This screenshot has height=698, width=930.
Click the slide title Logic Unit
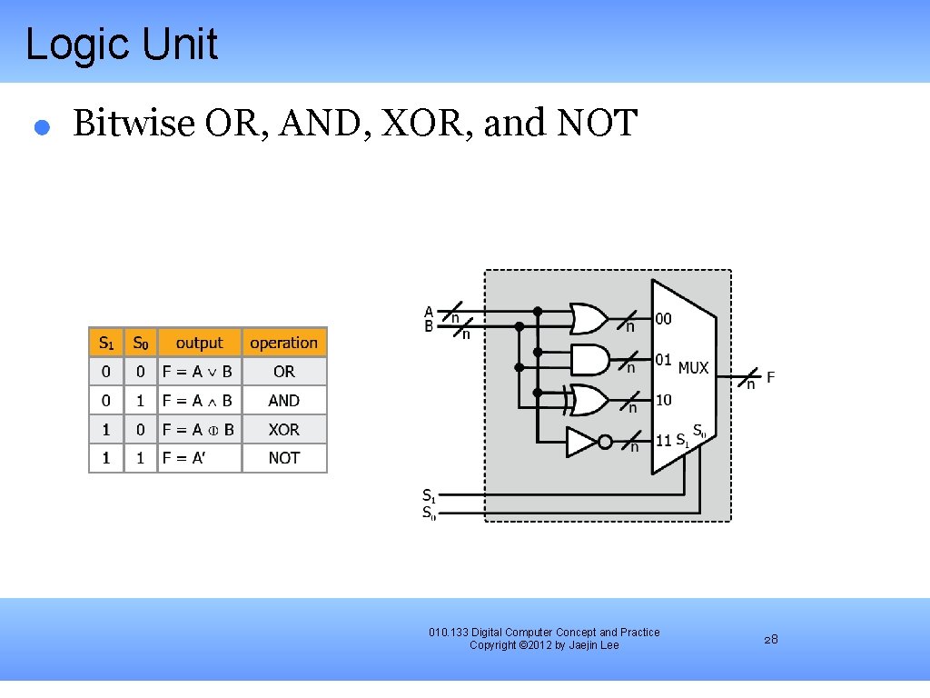tap(122, 45)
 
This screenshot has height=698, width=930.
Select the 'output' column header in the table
tap(199, 343)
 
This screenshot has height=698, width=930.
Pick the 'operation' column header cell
tap(283, 343)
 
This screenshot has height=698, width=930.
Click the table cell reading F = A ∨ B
tap(198, 372)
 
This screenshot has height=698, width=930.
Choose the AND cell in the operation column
tap(283, 401)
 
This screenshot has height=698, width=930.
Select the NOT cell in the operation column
tap(283, 458)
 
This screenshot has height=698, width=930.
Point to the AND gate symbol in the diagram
tap(589, 359)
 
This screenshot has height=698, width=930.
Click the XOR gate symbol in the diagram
tap(588, 399)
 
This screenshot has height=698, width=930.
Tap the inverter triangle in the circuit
tap(581, 442)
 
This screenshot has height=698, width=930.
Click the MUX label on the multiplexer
tap(693, 368)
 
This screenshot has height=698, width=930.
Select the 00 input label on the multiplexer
tap(664, 319)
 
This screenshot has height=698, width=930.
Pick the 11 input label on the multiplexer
tap(664, 441)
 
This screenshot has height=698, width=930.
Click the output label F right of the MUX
tap(770, 377)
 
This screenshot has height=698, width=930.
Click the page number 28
tap(770, 640)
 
